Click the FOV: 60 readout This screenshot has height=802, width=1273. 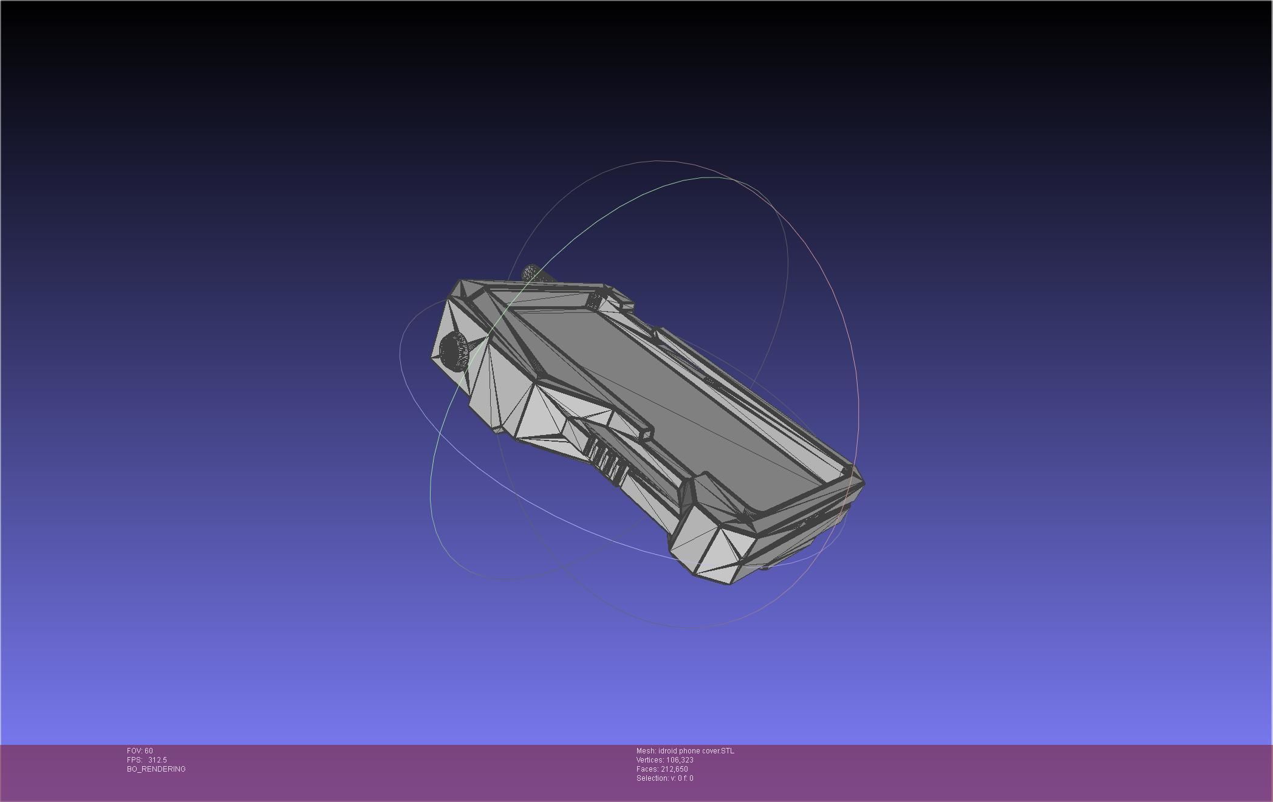point(140,751)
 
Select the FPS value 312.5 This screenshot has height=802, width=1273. point(157,760)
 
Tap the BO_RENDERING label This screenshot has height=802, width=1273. point(156,769)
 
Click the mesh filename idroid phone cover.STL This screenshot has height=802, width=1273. point(695,751)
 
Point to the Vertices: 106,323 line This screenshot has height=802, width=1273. point(664,760)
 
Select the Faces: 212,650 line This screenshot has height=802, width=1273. point(662,769)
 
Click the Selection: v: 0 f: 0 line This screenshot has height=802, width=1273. point(664,778)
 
